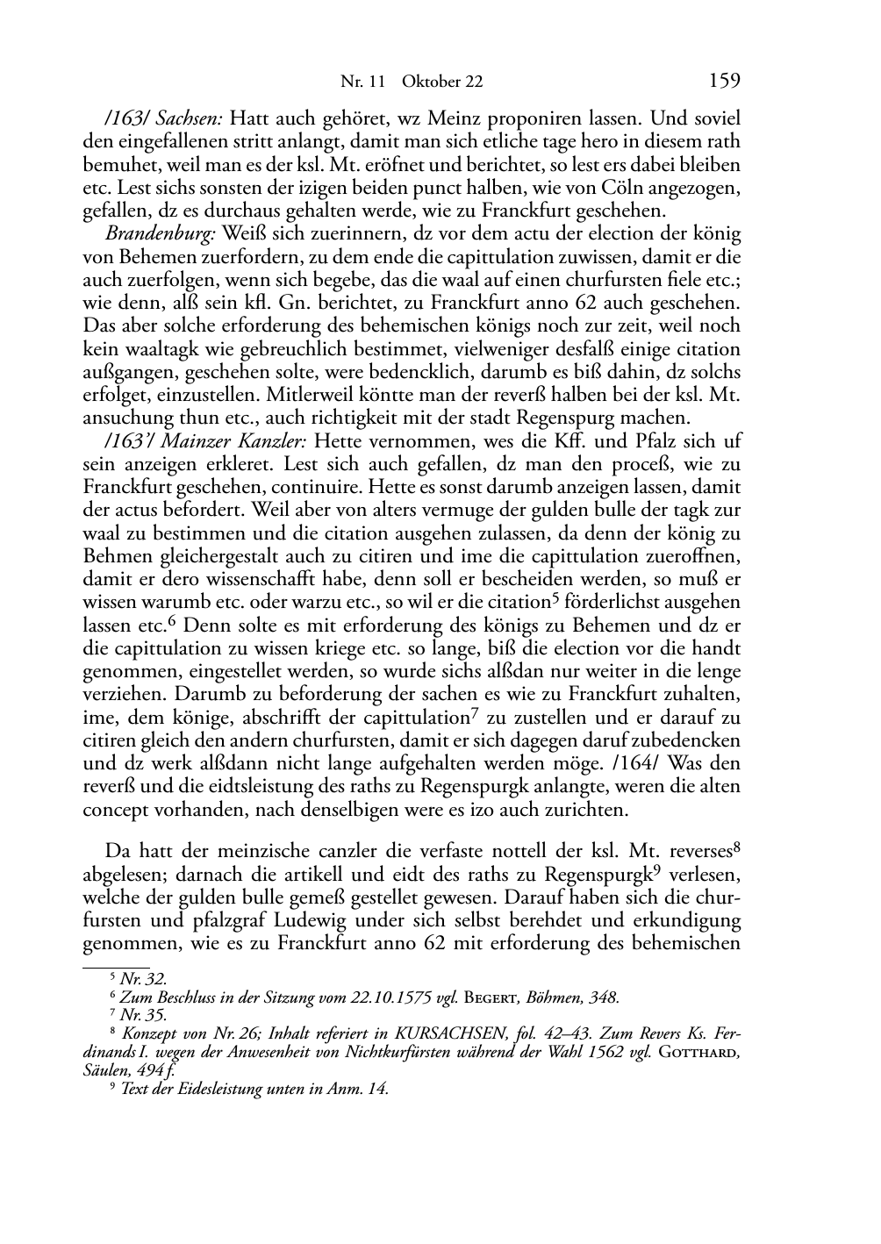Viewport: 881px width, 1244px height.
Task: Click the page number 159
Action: point(724,82)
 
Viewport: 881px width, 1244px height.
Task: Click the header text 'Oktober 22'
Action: point(442,82)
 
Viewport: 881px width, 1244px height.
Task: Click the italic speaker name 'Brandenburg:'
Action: point(161,234)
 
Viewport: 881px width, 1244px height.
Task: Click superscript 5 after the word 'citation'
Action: point(555,598)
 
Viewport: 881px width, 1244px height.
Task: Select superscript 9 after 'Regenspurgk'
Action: point(626,870)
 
